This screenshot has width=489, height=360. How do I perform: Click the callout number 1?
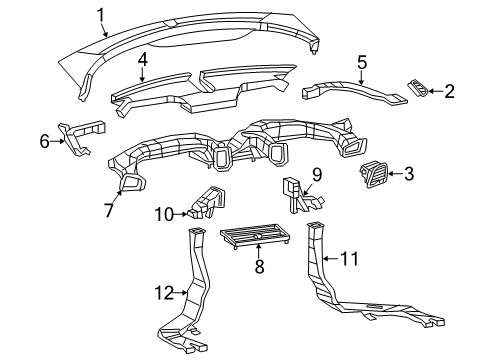point(101,15)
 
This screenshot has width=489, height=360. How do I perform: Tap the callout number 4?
point(142,60)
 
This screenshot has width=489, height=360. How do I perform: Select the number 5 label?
point(362,63)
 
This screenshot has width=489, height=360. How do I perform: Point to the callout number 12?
point(164,293)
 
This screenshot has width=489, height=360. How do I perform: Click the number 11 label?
point(349,259)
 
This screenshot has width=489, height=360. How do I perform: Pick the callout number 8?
point(259,266)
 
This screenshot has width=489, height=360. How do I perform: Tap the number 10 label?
point(165,214)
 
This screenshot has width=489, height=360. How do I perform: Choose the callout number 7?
point(109,210)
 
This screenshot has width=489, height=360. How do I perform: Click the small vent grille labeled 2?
point(418,89)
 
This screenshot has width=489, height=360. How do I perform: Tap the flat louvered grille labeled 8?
point(255,235)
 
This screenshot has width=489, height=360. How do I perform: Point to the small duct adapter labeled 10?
point(206,203)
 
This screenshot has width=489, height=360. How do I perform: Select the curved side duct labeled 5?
point(353,90)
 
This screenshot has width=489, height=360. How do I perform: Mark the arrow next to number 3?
point(395,173)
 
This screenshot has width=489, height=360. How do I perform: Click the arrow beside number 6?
point(58,141)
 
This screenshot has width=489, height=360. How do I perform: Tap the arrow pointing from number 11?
point(332,258)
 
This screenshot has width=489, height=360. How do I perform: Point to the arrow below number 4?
point(142,75)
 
